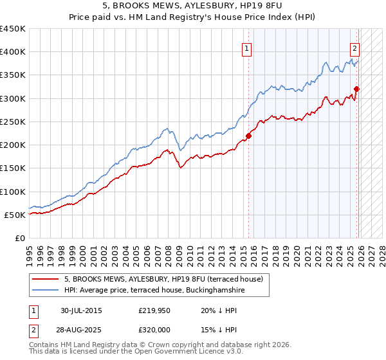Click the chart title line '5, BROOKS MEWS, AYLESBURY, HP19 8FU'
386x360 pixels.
point(192,7)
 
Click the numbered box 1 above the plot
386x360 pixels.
point(247,47)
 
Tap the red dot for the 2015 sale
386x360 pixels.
point(248,135)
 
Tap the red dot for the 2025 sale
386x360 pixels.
point(357,89)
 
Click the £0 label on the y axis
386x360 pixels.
point(19,238)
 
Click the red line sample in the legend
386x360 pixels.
point(46,280)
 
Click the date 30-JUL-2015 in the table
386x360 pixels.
point(81,310)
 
